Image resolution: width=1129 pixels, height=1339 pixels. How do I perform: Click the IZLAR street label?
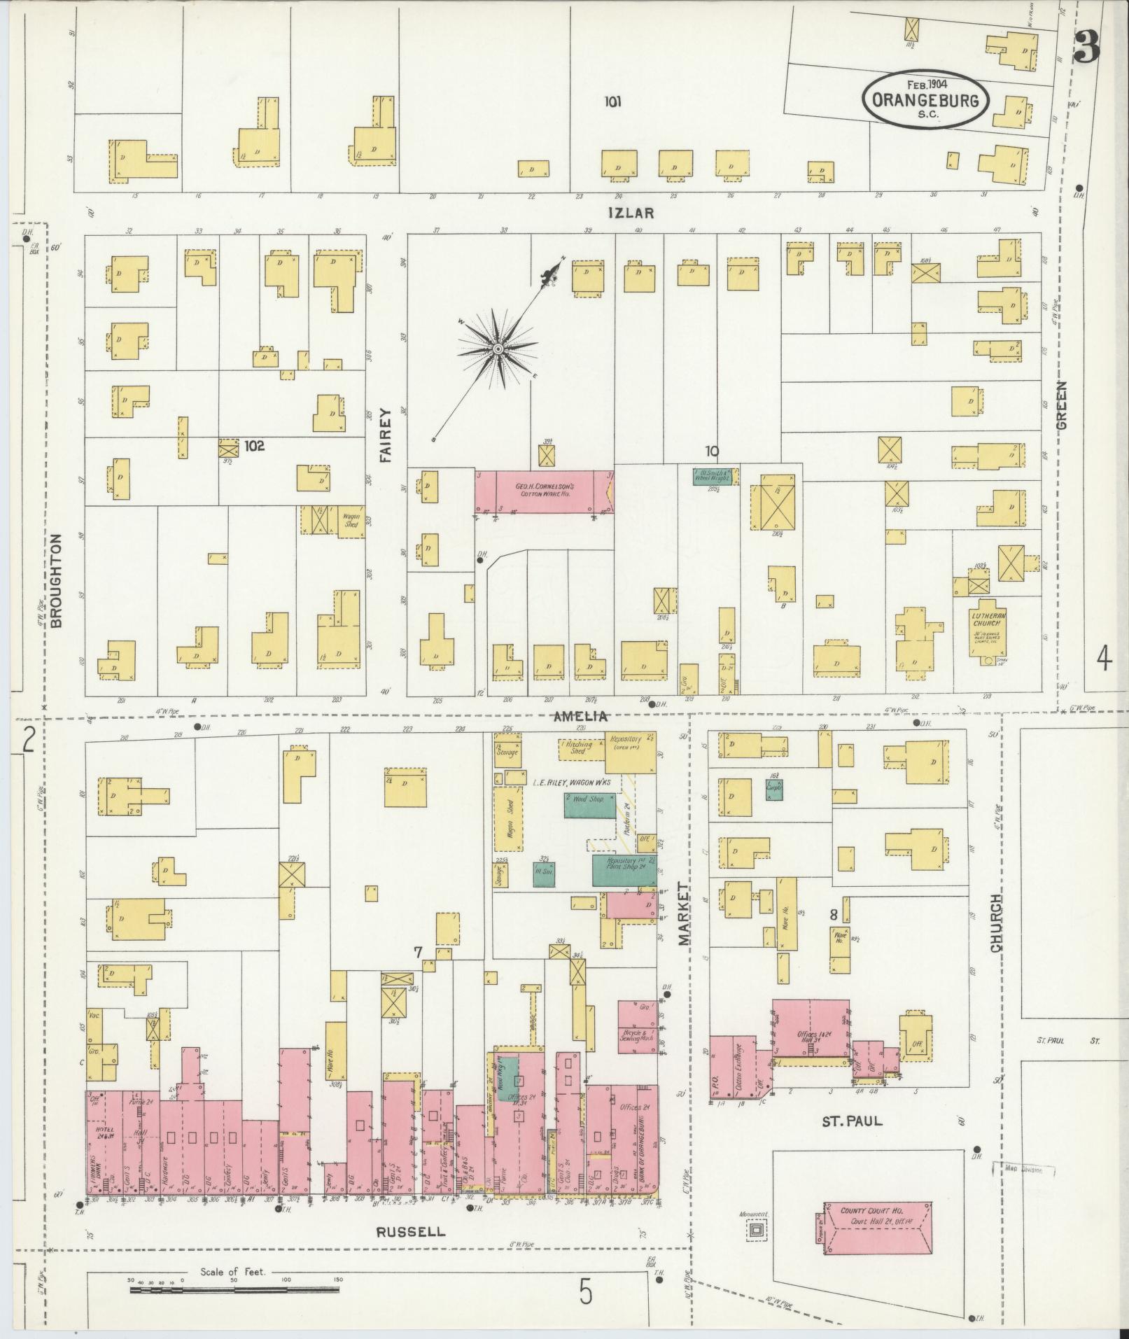pos(631,213)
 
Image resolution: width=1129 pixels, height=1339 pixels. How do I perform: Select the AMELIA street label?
pos(580,717)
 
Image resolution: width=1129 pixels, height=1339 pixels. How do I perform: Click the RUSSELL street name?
pos(411,1231)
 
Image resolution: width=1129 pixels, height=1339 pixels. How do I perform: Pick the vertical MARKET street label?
pos(684,913)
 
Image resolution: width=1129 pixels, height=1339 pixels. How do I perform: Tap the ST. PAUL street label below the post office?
pos(852,1121)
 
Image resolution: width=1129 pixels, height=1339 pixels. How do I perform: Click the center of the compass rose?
pos(497,348)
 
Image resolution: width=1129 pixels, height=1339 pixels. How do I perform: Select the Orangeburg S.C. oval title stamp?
pos(925,99)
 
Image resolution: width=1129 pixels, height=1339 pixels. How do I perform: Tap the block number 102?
pos(254,445)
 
